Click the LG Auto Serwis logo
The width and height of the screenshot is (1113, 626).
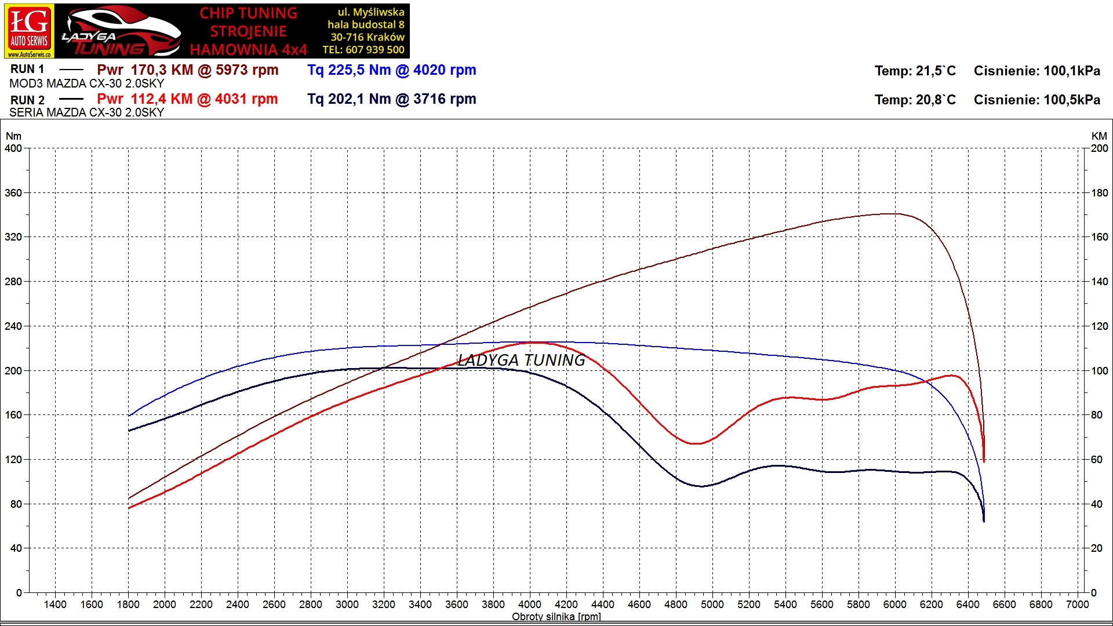pyautogui.click(x=30, y=31)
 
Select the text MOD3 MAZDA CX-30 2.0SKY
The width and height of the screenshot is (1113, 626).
pyautogui.click(x=87, y=83)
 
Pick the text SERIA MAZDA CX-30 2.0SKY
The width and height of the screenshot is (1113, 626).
pyautogui.click(x=87, y=112)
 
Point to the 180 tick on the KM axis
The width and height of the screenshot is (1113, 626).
pyautogui.click(x=1100, y=193)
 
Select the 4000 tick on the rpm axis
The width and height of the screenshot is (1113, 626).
pyautogui.click(x=529, y=605)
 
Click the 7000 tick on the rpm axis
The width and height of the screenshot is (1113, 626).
pyautogui.click(x=1077, y=605)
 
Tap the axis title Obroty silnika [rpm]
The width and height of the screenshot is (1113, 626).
pyautogui.click(x=556, y=617)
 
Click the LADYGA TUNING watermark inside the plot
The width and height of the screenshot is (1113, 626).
pyautogui.click(x=521, y=360)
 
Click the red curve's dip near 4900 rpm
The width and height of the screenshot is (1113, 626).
pyautogui.click(x=696, y=443)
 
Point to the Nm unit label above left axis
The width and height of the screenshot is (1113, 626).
pyautogui.click(x=13, y=136)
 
